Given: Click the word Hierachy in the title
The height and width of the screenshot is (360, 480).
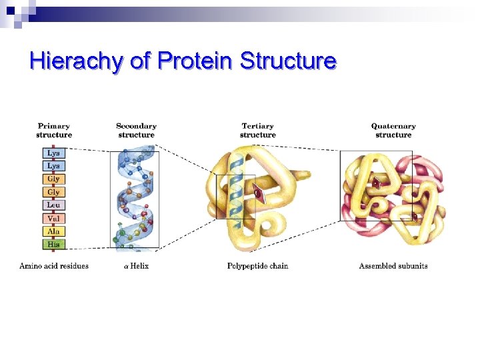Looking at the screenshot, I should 75,61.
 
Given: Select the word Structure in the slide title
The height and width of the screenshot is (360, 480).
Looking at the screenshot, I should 288,61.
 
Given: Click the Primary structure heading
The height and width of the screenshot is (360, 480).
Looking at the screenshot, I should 54,130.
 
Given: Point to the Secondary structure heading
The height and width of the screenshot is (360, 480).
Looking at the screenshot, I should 136,130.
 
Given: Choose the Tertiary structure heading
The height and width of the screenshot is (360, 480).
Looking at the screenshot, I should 257,130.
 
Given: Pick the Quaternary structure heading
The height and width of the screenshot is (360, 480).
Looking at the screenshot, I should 393,130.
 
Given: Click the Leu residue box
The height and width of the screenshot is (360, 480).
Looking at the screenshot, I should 54,205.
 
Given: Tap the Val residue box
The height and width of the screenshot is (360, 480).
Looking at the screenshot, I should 54,218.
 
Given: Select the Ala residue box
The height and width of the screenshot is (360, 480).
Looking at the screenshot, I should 54,231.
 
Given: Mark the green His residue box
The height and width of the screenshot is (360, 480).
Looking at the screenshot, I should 54,244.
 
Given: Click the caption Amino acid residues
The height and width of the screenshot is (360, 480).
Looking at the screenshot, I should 54,266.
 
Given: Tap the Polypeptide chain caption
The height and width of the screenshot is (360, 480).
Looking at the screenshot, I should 258,266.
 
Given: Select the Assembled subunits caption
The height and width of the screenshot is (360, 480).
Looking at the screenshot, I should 393,266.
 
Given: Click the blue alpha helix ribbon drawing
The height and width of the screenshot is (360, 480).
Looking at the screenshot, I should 137,200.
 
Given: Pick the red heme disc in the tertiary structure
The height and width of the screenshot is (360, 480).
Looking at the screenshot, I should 257,194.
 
